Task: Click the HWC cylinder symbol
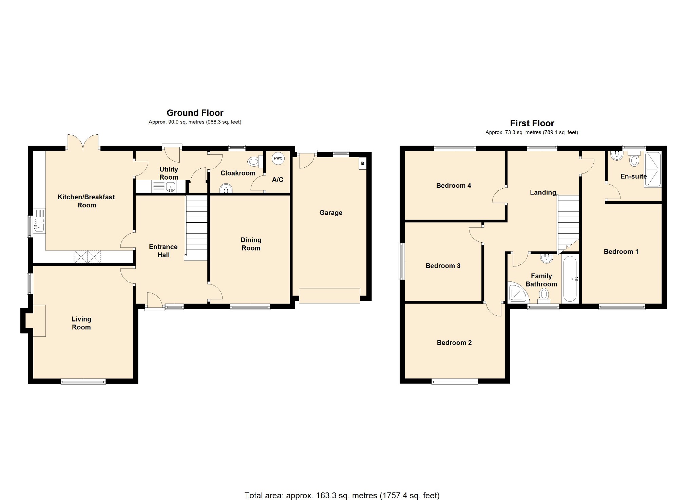coord(278,159)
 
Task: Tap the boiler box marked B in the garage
coord(362,164)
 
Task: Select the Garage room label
coord(331,213)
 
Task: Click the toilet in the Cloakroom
coord(254,162)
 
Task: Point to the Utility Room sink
coord(170,186)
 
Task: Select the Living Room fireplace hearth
coord(39,321)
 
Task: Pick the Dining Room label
coord(251,244)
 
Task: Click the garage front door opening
coord(329,296)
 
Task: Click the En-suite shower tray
coord(652,170)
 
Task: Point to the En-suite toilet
coord(634,160)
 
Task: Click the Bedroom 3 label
coord(443,266)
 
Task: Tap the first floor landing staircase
coord(568,222)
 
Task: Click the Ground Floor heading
coord(195,113)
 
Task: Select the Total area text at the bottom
coord(342,496)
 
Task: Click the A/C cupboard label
coord(277,180)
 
